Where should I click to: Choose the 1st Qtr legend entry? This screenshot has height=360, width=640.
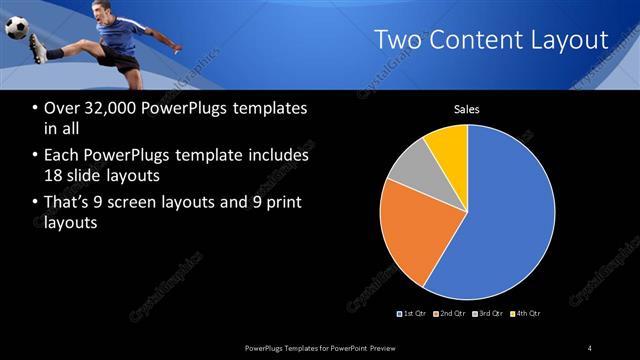click(414, 314)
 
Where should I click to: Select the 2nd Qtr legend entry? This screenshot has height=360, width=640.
click(452, 314)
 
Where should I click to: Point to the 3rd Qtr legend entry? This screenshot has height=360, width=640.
click(490, 314)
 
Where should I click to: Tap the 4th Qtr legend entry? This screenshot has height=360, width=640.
click(525, 314)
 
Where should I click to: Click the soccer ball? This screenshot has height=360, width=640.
click(17, 28)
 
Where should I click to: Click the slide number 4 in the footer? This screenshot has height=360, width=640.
click(590, 347)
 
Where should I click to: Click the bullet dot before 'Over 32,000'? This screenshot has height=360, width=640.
click(36, 109)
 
